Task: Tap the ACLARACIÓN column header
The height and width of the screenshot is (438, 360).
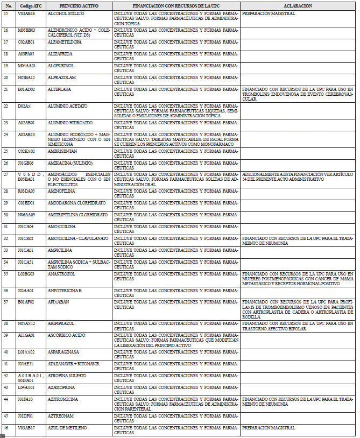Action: pos(297,5)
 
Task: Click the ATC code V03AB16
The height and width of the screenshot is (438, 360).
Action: pos(26,13)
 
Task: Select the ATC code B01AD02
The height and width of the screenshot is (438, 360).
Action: pos(26,89)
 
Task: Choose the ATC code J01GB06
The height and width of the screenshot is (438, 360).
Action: pos(26,163)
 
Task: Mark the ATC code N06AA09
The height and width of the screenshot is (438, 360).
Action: pos(26,214)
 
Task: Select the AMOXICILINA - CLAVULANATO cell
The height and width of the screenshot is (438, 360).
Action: pos(78,238)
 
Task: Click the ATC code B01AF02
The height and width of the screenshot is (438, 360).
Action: pos(26,302)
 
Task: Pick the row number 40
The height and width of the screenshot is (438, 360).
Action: pos(6,351)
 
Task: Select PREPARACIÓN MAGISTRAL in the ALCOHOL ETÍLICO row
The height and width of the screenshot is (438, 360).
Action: pos(269,13)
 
